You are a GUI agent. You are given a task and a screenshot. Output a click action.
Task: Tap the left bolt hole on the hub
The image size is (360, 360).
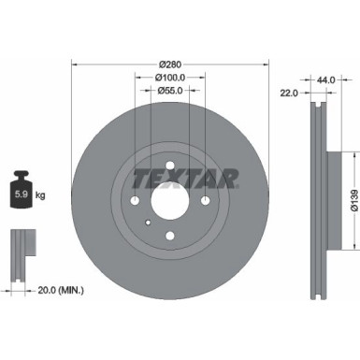[135, 203]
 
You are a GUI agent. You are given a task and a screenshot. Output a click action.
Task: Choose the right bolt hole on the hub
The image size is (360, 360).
[206, 203]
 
